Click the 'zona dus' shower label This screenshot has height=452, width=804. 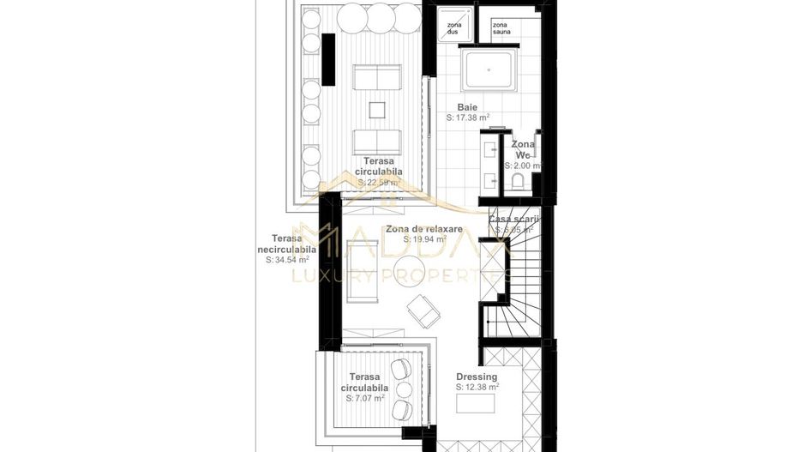453,28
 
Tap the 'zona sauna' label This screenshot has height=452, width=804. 500,28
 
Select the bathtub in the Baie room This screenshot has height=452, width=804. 488,71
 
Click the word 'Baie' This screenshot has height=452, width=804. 467,108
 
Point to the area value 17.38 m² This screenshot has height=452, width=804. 468,118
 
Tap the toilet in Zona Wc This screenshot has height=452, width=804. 519,180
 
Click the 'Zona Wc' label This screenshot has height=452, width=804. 522,150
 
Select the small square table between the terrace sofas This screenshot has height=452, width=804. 377,110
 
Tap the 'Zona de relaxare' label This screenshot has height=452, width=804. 423,229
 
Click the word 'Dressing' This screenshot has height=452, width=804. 476,377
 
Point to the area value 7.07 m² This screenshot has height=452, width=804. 364,398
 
